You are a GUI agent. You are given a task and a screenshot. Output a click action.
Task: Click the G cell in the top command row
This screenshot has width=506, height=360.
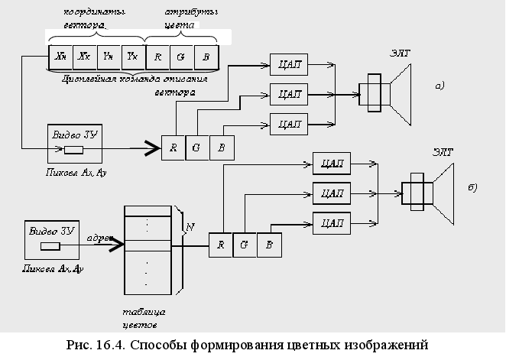tap(182, 57)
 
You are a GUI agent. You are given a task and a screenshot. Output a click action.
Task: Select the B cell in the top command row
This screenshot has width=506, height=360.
tap(206, 57)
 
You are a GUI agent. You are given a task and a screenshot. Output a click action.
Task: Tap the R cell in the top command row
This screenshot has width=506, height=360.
tap(157, 57)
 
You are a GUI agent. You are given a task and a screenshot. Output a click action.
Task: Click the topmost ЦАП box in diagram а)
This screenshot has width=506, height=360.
tap(288, 66)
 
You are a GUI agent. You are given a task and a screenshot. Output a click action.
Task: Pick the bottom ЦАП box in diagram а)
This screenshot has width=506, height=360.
tap(288, 122)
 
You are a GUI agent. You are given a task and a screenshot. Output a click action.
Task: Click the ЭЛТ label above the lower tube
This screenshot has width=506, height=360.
tap(443, 152)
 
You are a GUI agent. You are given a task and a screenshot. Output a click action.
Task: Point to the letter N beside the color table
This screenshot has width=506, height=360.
tap(190, 226)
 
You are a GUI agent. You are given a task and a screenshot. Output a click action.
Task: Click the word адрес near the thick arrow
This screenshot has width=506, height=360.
tap(99, 236)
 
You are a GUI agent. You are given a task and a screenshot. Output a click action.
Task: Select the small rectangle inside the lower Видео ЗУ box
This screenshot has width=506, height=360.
tap(50, 246)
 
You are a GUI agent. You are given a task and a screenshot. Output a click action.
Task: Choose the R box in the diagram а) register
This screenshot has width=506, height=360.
tap(174, 148)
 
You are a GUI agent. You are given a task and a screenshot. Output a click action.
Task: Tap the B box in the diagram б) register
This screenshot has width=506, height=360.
tap(268, 245)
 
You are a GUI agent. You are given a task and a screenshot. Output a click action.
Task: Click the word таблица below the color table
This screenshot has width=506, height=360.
tap(144, 313)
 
